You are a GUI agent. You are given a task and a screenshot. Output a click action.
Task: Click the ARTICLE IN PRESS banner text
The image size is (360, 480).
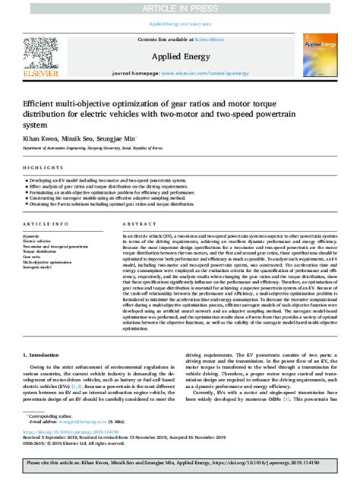click(x=180, y=8)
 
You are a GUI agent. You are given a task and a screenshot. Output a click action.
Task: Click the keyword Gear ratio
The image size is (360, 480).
click(x=34, y=257)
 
